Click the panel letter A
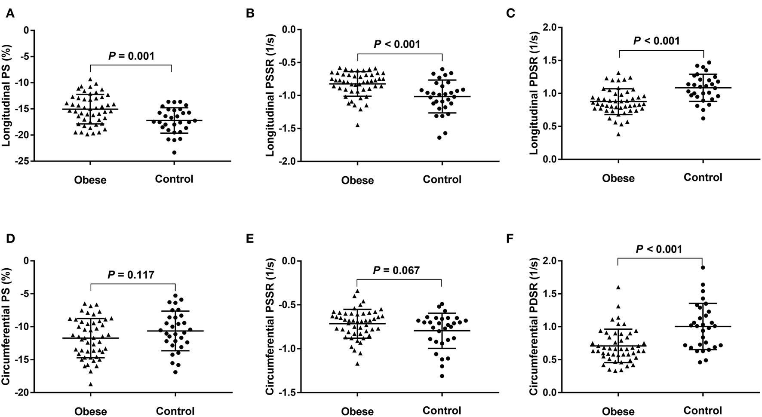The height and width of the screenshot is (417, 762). [10, 14]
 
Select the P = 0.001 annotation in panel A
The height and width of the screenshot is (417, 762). [131, 56]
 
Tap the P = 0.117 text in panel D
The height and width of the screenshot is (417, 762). [131, 275]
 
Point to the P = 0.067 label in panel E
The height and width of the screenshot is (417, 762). [396, 270]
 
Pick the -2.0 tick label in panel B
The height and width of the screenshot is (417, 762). [287, 161]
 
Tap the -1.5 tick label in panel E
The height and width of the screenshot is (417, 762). [287, 392]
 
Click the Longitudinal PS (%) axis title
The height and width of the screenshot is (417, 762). [7, 95]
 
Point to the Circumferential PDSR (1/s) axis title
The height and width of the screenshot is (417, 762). [533, 326]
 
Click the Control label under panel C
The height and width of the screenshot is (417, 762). [703, 177]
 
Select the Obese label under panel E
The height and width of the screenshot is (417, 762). [357, 411]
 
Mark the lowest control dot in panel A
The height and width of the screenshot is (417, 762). [174, 153]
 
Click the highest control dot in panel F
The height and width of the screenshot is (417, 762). [703, 267]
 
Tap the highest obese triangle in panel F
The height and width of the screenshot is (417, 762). [618, 287]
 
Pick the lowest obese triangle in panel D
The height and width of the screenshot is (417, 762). [91, 384]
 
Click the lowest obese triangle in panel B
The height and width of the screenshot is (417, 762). [357, 125]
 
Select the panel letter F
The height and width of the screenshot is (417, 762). [510, 239]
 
